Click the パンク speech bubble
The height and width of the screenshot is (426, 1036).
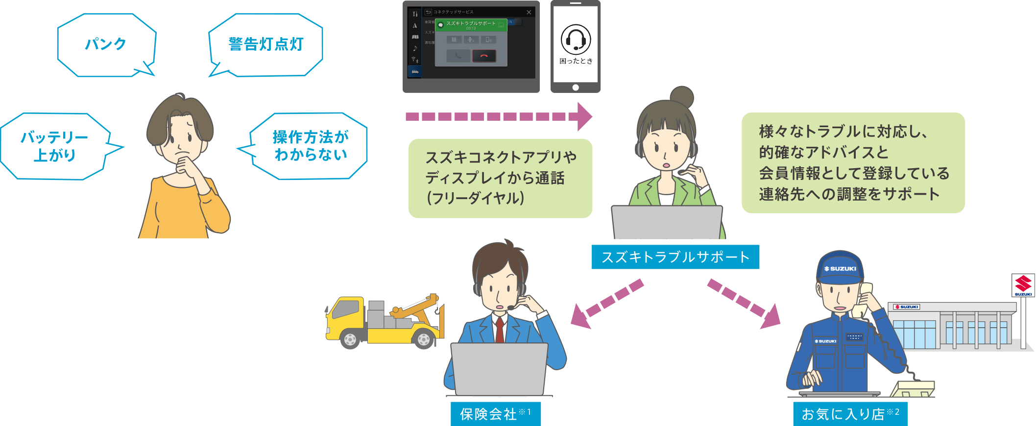click(x=106, y=45)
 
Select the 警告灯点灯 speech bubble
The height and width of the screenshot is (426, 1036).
click(x=265, y=45)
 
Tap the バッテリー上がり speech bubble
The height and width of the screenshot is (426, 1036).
click(x=54, y=146)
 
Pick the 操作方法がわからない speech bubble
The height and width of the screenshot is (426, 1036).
click(x=310, y=146)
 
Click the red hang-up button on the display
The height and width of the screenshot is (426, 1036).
click(x=484, y=56)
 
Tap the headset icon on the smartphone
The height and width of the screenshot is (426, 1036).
click(x=576, y=39)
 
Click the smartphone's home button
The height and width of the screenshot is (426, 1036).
click(x=576, y=88)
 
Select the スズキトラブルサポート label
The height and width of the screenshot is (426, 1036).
click(x=675, y=257)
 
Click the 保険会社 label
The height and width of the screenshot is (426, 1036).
click(x=495, y=414)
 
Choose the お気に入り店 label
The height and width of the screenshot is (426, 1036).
click(x=850, y=414)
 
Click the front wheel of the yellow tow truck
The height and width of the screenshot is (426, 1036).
click(x=350, y=339)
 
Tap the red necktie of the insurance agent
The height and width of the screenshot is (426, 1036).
click(x=499, y=330)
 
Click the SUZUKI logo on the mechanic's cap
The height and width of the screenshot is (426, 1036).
click(x=840, y=269)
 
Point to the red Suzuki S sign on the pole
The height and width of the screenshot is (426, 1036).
click(x=1023, y=284)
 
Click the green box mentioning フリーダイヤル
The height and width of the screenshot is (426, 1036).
click(x=500, y=178)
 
